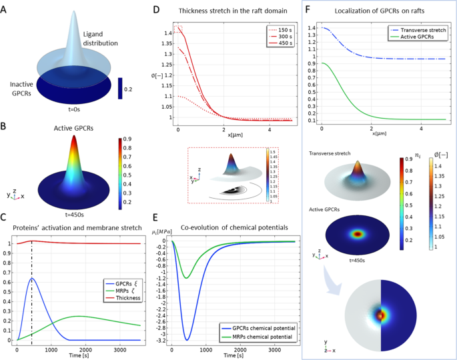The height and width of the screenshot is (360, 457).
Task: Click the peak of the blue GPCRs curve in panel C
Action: (31, 279)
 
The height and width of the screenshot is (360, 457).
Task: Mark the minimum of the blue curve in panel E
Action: (187, 339)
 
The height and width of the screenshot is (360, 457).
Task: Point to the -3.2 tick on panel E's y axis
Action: (160, 339)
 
